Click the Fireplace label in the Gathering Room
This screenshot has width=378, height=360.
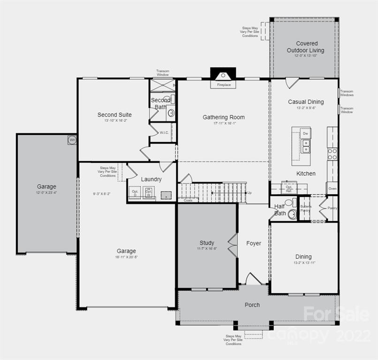click(x=223, y=85)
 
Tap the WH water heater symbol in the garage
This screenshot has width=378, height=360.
click(x=72, y=140)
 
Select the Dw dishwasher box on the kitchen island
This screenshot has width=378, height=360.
click(x=305, y=134)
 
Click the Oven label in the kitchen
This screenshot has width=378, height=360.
click(x=332, y=188)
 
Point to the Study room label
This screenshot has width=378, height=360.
click(x=207, y=243)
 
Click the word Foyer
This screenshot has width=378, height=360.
click(x=254, y=243)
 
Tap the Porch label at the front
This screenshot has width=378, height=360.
click(x=252, y=305)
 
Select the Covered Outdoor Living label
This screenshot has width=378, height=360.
click(x=305, y=47)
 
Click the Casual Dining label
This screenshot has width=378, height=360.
click(x=306, y=102)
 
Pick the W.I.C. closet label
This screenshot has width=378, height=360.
click(x=164, y=133)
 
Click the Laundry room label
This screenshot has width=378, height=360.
click(x=151, y=179)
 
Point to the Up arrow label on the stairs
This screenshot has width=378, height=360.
click(x=249, y=193)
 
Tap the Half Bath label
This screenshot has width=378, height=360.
click(x=280, y=210)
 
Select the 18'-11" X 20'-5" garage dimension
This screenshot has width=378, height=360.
click(x=127, y=257)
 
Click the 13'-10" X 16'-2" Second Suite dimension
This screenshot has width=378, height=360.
click(x=114, y=120)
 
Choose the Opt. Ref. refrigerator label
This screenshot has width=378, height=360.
click(x=289, y=188)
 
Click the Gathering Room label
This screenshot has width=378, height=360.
click(x=224, y=117)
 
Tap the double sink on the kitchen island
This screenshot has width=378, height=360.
click(x=305, y=146)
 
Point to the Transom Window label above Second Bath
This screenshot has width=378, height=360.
click(x=163, y=73)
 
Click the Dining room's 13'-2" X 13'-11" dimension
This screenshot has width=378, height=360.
click(x=303, y=263)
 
